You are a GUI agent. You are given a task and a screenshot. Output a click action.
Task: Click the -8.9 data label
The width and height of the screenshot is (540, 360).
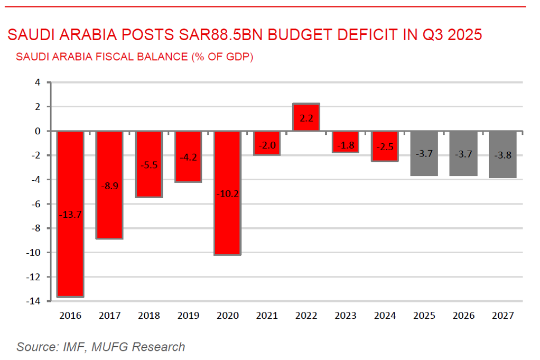[109, 184]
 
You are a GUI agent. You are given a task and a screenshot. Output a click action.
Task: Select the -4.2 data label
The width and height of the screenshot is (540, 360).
[188, 156]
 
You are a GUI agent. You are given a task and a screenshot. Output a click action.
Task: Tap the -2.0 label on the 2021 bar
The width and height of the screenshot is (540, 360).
[267, 146]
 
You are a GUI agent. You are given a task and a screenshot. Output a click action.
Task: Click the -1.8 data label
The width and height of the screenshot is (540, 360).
[346, 145]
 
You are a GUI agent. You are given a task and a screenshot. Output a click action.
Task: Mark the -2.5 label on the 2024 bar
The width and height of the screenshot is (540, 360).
[385, 147]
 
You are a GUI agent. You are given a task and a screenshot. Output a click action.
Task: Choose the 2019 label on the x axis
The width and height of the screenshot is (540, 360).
[188, 316]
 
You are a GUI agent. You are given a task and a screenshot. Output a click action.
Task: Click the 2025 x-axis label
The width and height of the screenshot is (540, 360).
[424, 316]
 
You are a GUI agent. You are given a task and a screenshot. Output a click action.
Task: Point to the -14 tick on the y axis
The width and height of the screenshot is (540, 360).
[33, 301]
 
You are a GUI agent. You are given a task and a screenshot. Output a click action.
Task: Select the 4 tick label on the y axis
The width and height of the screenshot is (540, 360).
[38, 82]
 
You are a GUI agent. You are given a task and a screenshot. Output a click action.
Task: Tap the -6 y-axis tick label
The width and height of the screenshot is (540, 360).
[35, 204]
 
